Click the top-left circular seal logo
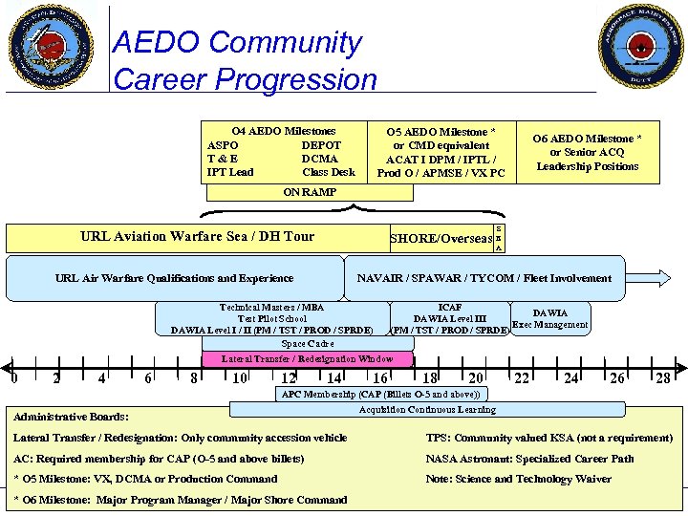click(x=52, y=46)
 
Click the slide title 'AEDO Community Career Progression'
click(x=245, y=59)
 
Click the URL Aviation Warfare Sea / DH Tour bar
click(x=197, y=237)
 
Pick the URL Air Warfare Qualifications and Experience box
click(x=175, y=278)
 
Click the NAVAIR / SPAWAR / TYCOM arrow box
click(x=484, y=278)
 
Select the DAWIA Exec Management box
click(x=549, y=318)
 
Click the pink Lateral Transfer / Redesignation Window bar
click(x=307, y=359)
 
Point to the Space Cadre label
click(x=307, y=344)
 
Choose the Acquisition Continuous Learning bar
click(x=427, y=410)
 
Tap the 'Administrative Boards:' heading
click(x=72, y=416)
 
